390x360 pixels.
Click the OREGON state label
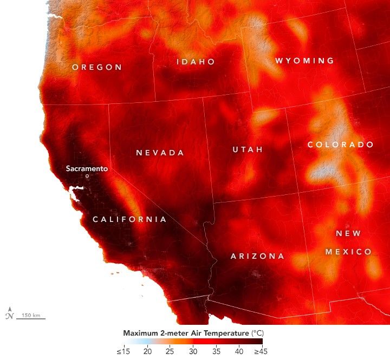[97, 67]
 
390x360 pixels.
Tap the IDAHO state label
[196, 62]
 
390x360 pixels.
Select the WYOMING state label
[304, 61]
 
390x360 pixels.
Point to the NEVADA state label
[160, 153]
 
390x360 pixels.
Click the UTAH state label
[248, 149]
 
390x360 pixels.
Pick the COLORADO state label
[340, 145]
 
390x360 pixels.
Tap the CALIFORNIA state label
[129, 219]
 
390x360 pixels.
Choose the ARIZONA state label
[257, 256]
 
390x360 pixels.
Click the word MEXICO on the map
[348, 252]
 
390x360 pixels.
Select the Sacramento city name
[87, 168]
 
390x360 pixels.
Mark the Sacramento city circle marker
[87, 176]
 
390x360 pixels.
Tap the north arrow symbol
[9, 313]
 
